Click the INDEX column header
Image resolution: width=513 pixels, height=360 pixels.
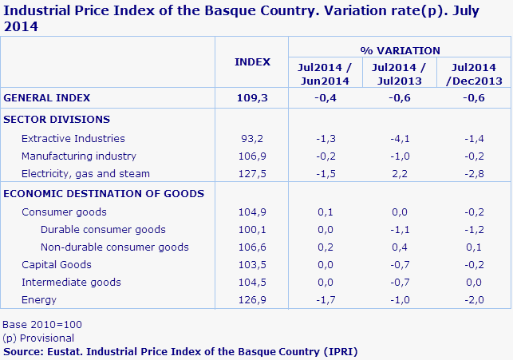tap(252, 62)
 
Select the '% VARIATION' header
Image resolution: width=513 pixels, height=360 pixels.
tap(400, 50)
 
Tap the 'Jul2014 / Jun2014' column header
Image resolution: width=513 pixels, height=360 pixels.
tap(325, 74)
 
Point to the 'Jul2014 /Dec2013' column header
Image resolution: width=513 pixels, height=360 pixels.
tap(475, 74)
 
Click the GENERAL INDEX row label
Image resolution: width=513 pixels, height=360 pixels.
tap(47, 97)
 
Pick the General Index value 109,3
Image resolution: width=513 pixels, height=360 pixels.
tap(252, 97)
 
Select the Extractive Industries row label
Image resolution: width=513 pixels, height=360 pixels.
tap(73, 138)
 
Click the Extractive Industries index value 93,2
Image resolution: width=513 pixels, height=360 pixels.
tap(252, 138)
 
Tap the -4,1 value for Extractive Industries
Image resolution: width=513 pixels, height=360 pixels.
tap(400, 138)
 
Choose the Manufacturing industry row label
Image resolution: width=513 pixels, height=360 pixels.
tap(79, 156)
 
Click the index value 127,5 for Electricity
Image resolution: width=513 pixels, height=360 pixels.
tap(252, 173)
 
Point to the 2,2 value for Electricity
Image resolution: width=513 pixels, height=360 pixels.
tap(400, 173)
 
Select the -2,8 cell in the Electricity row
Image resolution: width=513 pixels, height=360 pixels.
tap(475, 173)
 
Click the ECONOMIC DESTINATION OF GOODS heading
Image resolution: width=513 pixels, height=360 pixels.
tap(104, 193)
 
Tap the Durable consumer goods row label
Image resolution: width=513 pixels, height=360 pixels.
tap(103, 229)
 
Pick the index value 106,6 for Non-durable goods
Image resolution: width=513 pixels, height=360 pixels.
tap(252, 247)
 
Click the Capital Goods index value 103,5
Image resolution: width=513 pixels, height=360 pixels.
tap(252, 264)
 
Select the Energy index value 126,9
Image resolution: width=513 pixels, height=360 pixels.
tap(252, 299)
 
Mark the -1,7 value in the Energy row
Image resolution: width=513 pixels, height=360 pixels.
tap(325, 299)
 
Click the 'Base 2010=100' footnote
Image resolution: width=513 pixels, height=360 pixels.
tap(42, 325)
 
